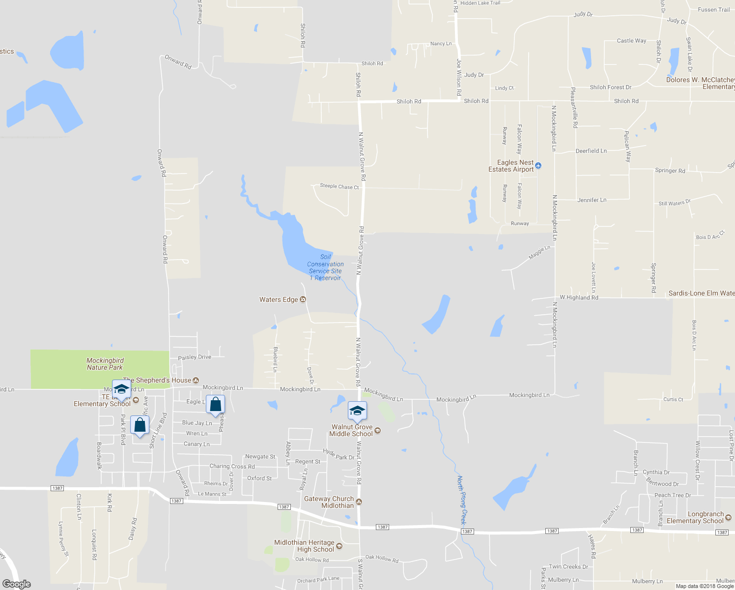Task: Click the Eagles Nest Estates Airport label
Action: click(511, 166)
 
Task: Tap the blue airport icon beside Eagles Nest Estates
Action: click(538, 165)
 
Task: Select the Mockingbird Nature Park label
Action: click(105, 364)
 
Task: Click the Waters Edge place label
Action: click(279, 299)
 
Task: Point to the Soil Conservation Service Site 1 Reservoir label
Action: click(325, 267)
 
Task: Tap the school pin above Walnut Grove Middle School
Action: click(357, 411)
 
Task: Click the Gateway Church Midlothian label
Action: click(329, 502)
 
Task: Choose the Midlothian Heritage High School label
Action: click(304, 546)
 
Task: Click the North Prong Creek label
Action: click(462, 499)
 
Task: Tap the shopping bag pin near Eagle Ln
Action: click(215, 405)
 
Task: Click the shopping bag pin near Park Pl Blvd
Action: click(140, 425)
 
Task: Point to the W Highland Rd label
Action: click(579, 297)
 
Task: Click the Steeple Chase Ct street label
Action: click(339, 186)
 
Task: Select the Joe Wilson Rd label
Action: click(459, 77)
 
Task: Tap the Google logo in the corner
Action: click(17, 584)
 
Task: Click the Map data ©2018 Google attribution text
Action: click(705, 586)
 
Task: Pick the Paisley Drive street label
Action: click(195, 357)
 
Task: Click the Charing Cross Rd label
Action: click(232, 466)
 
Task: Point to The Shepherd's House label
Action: click(157, 380)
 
